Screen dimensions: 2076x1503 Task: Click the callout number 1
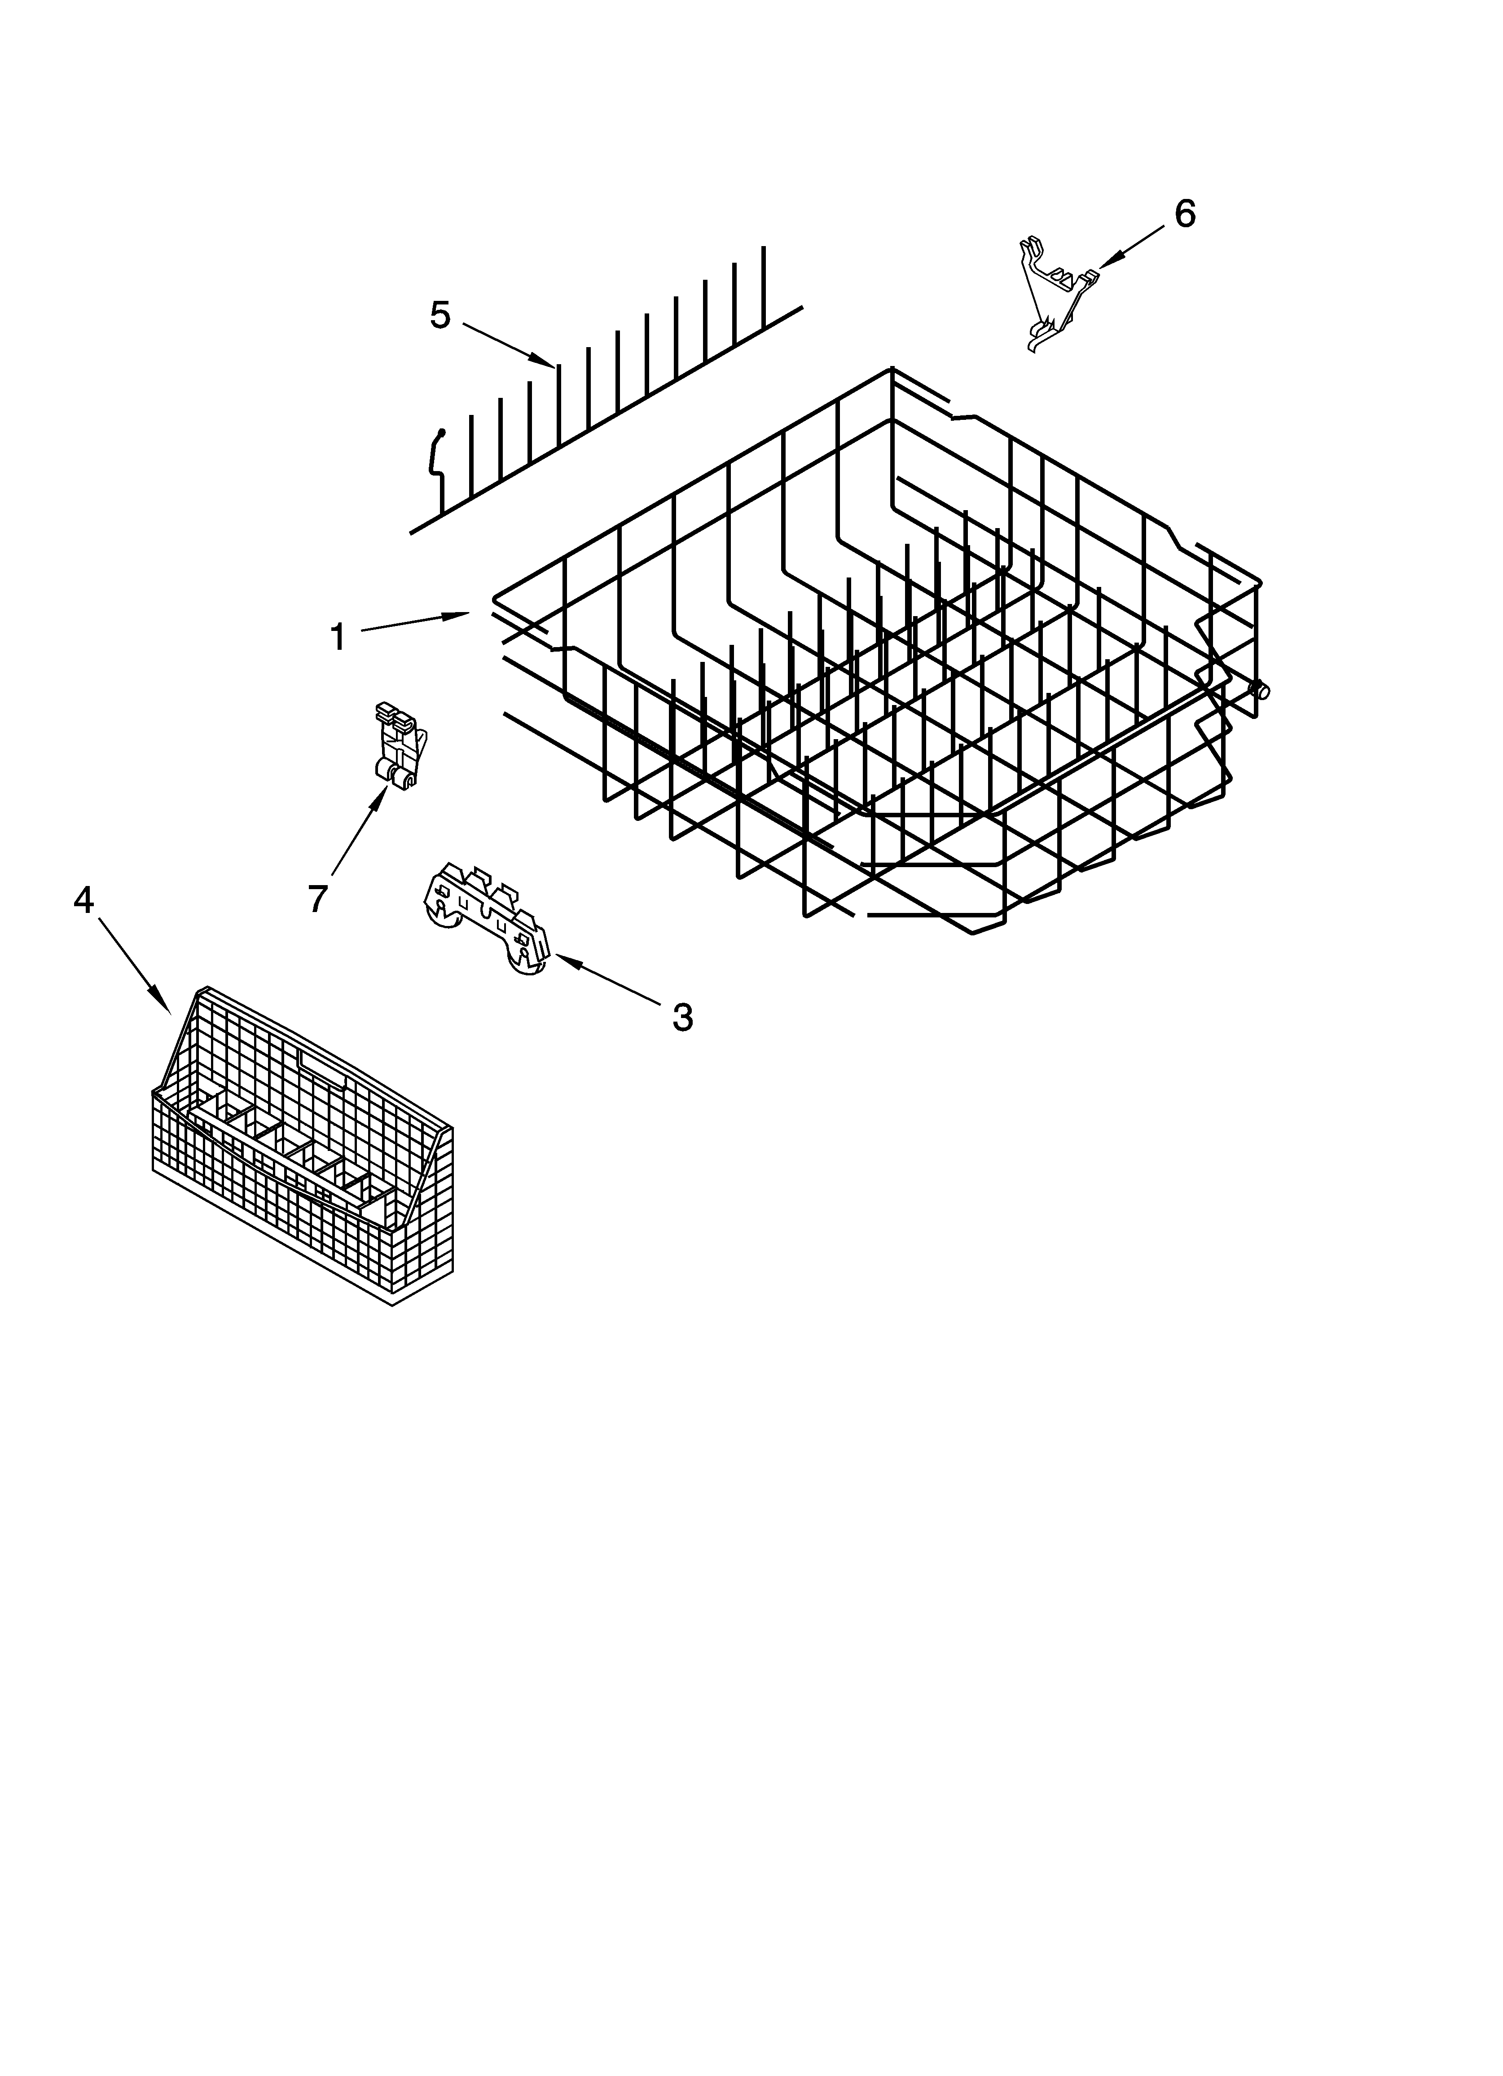click(x=338, y=637)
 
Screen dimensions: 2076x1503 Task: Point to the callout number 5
click(x=440, y=316)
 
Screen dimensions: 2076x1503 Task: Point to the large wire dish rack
click(x=879, y=659)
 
